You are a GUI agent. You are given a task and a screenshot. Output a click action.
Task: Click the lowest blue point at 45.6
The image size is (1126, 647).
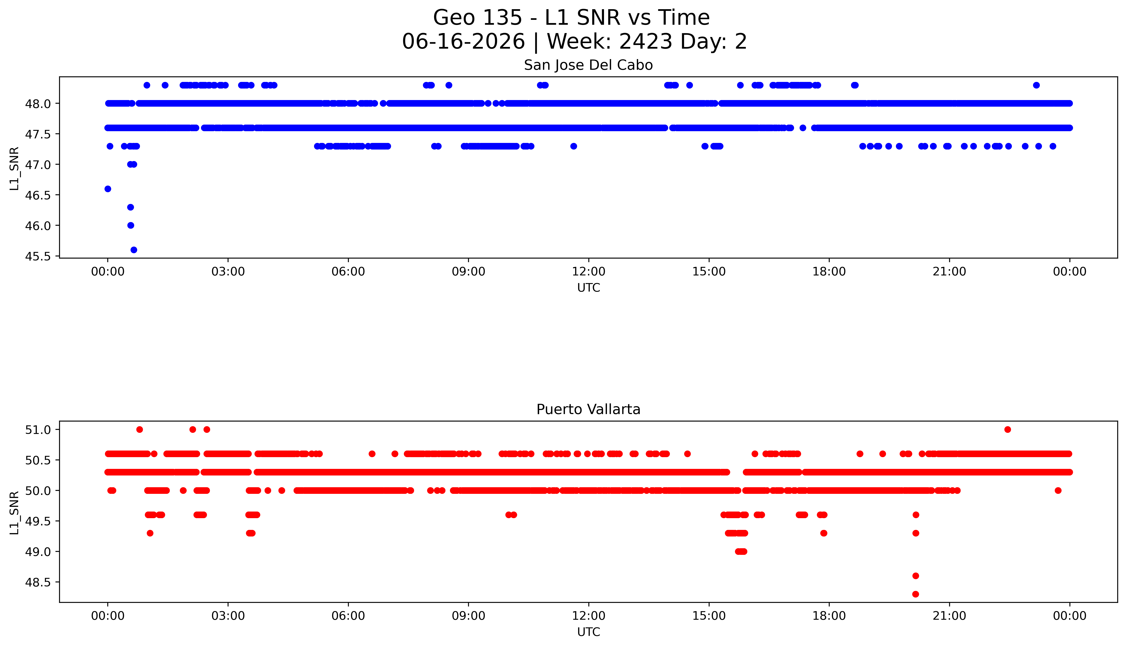click(x=134, y=250)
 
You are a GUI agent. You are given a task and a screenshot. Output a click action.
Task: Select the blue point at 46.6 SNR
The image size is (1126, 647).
click(x=108, y=189)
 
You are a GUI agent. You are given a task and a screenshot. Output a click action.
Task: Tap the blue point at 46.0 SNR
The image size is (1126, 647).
click(x=131, y=225)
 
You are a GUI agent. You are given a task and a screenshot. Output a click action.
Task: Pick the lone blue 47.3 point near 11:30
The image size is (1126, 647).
click(x=574, y=146)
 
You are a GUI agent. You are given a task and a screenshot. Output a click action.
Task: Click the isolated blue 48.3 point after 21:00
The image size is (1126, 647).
click(x=1036, y=85)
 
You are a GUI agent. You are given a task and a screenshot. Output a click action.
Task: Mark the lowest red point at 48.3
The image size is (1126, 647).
click(x=915, y=594)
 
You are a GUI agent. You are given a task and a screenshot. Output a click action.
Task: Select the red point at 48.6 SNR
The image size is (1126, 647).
click(x=915, y=576)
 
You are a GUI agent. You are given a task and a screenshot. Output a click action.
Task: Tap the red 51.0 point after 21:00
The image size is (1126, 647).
click(x=1007, y=429)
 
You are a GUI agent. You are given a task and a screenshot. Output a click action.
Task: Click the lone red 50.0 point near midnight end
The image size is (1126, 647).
click(x=1058, y=491)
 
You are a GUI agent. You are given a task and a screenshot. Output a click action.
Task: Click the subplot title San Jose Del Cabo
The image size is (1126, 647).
click(x=588, y=65)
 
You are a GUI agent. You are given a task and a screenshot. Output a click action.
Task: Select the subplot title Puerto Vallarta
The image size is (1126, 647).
click(x=588, y=409)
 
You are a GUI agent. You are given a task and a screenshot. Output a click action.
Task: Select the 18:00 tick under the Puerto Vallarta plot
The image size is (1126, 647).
click(x=829, y=616)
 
